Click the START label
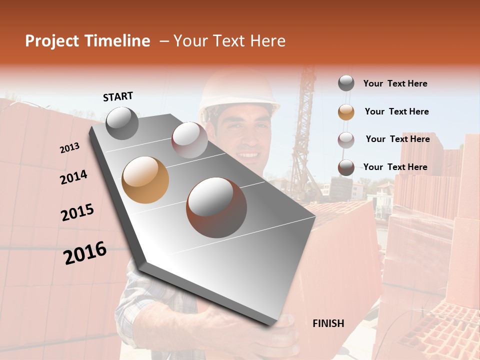[x=118, y=96]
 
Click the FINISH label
[x=328, y=323]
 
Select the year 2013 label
[x=70, y=147]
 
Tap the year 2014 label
[x=74, y=177]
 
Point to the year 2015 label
[x=77, y=212]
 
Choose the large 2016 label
[x=85, y=253]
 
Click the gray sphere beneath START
[x=122, y=123]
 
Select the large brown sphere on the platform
[x=216, y=207]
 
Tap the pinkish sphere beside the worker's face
[x=189, y=140]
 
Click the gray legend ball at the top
[x=346, y=83]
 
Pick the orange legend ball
[x=346, y=112]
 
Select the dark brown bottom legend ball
[x=346, y=167]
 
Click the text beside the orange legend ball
[x=396, y=111]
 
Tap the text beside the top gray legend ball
[x=395, y=83]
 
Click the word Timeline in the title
[x=118, y=41]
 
